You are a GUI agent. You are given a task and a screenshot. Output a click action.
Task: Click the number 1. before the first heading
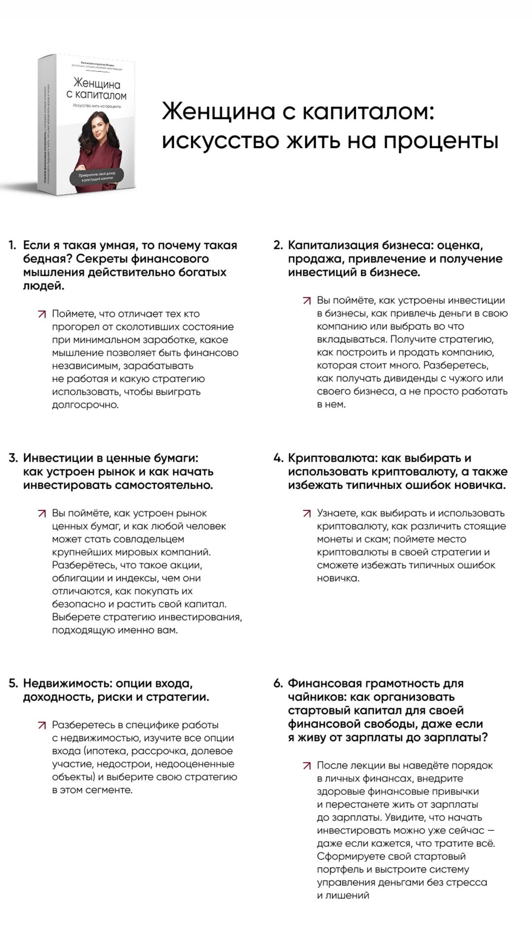[x=12, y=245]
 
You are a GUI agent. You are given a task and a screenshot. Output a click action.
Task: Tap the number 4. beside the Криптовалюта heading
[x=278, y=458]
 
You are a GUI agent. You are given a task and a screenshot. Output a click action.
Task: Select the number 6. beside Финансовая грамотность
[x=278, y=684]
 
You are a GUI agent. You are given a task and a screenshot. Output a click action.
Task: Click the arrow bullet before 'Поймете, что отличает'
[x=42, y=314]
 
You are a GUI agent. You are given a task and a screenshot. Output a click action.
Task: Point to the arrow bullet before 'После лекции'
[x=307, y=766]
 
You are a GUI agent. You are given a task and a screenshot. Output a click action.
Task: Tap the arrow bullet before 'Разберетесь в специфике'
[x=42, y=725]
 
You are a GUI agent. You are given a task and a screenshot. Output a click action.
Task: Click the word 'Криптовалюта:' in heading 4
[x=332, y=458]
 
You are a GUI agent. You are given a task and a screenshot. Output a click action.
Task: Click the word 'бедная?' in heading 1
[x=48, y=259]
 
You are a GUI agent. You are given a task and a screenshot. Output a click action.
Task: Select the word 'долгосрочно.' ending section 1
[x=85, y=405]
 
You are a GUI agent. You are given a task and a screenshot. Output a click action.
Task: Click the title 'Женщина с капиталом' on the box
[x=97, y=89]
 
